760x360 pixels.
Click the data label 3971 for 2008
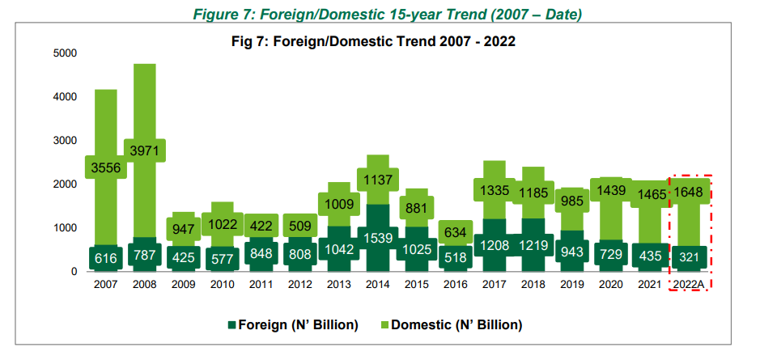[145, 150]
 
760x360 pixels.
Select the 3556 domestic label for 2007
[106, 167]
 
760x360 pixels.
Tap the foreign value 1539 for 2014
[378, 238]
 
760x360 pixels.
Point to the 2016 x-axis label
[455, 285]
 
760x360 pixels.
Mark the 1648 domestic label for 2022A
[689, 192]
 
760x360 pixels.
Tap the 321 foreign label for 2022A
[689, 257]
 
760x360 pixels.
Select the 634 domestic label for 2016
[455, 232]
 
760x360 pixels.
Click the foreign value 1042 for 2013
[339, 250]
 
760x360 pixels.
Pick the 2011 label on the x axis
[261, 285]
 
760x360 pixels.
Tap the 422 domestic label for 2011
[261, 227]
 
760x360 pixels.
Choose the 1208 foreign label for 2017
[494, 246]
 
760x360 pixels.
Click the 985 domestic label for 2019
[572, 201]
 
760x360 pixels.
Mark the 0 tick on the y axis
[74, 272]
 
